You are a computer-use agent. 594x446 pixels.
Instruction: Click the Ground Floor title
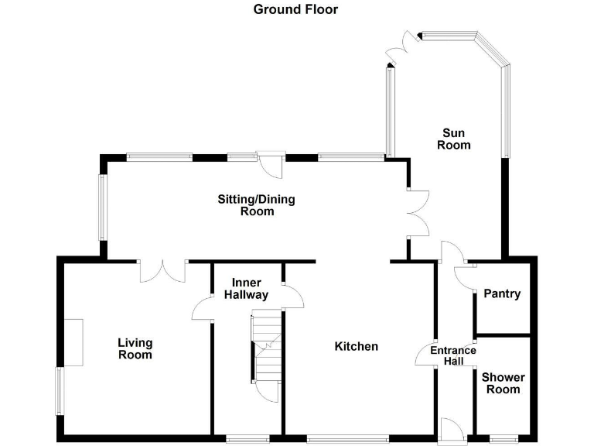tap(295, 9)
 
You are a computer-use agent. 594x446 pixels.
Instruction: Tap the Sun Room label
tap(454, 139)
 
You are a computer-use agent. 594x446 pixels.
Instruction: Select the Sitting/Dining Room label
tap(256, 205)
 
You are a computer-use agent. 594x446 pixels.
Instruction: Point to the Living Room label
tap(135, 348)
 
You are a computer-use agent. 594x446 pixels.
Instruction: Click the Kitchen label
tap(356, 346)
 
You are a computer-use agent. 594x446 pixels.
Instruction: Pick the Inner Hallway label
tap(247, 289)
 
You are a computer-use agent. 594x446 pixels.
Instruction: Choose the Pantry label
tap(502, 294)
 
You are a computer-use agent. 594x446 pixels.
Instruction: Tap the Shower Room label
tap(503, 383)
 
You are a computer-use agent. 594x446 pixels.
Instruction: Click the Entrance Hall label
tap(453, 356)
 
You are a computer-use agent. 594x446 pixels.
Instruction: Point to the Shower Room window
tap(503, 439)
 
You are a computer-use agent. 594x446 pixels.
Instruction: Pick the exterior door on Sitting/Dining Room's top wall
tap(271, 163)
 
